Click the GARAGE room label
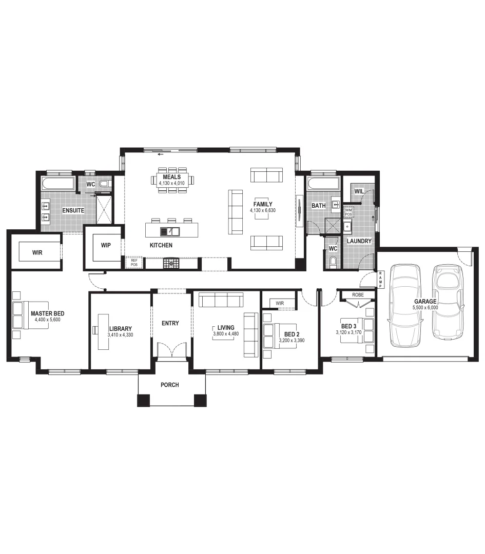426,302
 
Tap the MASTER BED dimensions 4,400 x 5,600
47,320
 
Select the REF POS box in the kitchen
134,262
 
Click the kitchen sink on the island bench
170,231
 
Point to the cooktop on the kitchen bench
169,264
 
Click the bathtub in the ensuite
58,184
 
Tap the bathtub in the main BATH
323,184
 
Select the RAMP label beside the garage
380,279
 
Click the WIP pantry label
106,245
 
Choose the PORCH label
170,385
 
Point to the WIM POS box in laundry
348,211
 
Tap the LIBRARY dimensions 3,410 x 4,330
121,335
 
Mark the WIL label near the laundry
359,191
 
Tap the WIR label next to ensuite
37,252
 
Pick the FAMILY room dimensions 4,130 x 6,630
263,210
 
